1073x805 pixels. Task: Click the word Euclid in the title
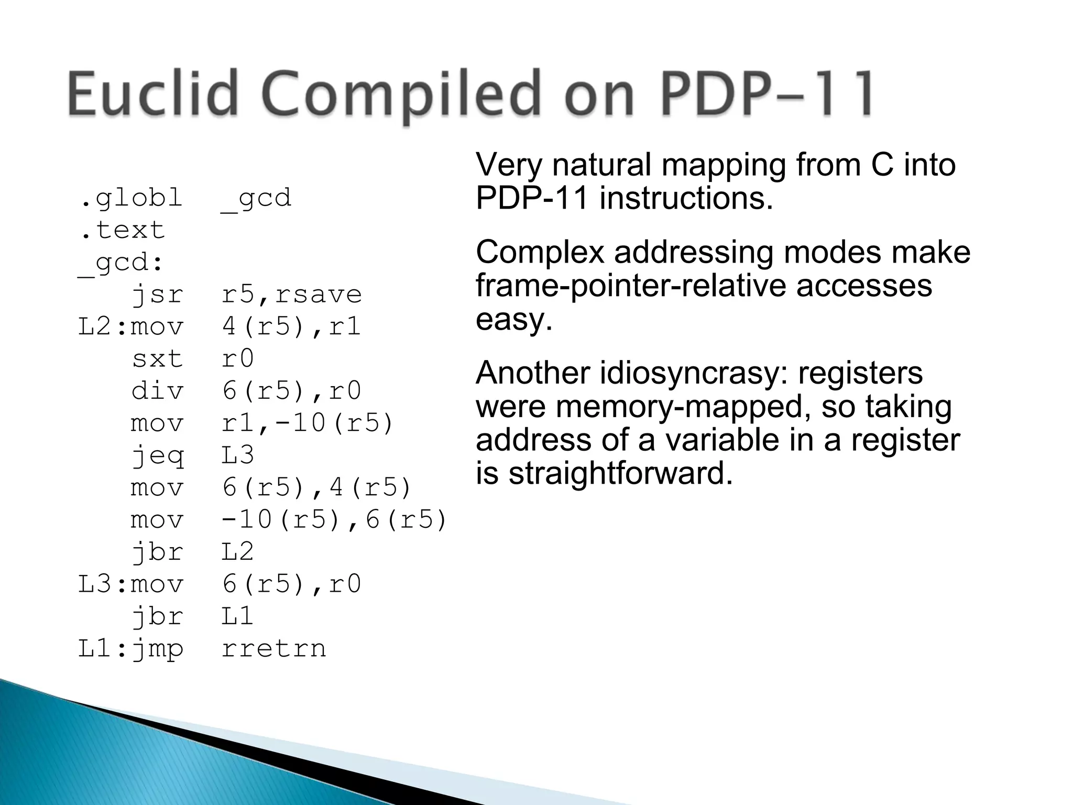click(152, 94)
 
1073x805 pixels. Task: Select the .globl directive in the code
click(130, 199)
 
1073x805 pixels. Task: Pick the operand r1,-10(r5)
click(307, 423)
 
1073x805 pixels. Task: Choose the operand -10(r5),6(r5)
click(334, 520)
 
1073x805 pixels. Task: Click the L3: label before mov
click(103, 584)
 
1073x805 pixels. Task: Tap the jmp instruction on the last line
click(157, 649)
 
